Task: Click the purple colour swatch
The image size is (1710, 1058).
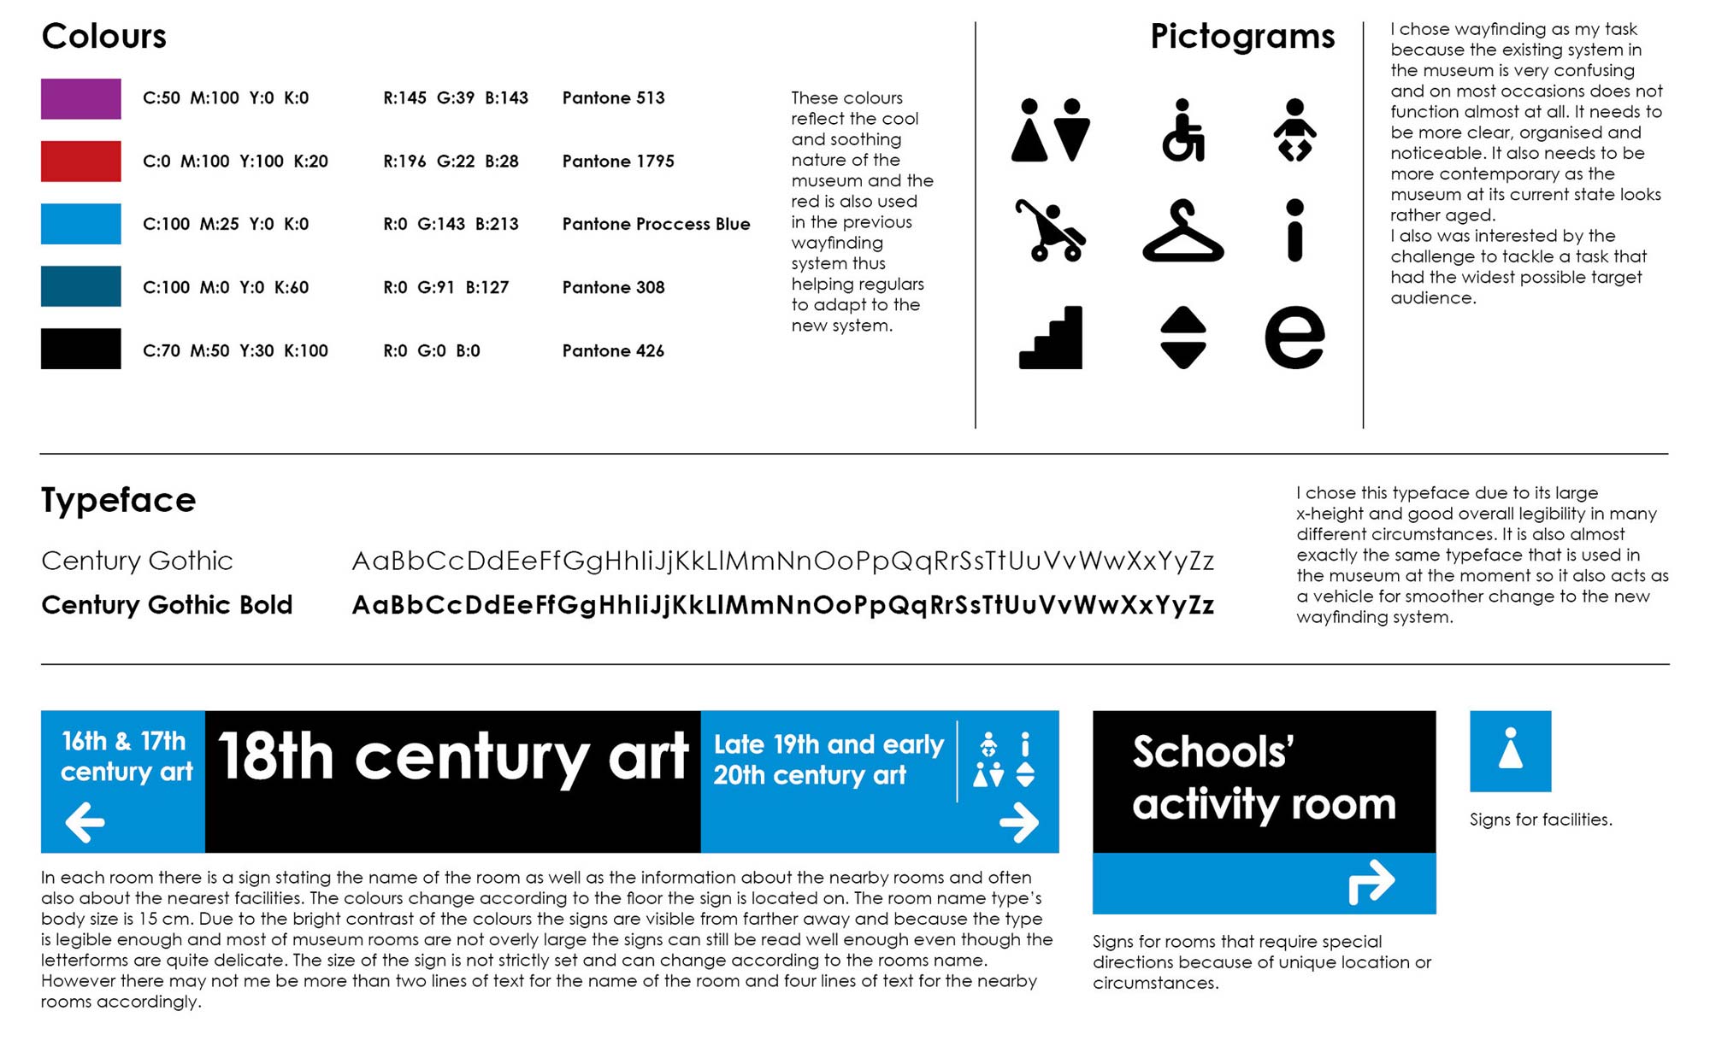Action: pyautogui.click(x=80, y=98)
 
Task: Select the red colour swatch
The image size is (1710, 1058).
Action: pyautogui.click(x=80, y=162)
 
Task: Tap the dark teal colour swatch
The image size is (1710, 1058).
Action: pyautogui.click(x=80, y=286)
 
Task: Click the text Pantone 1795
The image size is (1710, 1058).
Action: pyautogui.click(x=618, y=162)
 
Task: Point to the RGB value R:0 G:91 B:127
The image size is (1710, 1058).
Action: pyautogui.click(x=445, y=287)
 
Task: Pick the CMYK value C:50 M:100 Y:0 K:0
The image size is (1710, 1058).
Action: pyautogui.click(x=226, y=98)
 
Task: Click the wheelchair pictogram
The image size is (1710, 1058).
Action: pyautogui.click(x=1183, y=131)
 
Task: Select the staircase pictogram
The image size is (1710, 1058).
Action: pyautogui.click(x=1051, y=338)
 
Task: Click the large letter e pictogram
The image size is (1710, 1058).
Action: pyautogui.click(x=1294, y=338)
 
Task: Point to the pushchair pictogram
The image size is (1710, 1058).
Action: pyautogui.click(x=1050, y=231)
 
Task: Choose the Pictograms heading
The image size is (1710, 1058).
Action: pyautogui.click(x=1241, y=37)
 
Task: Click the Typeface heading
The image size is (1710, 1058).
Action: pyautogui.click(x=119, y=500)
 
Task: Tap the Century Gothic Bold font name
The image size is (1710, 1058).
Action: pyautogui.click(x=167, y=605)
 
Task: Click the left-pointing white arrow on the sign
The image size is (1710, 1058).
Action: pyautogui.click(x=85, y=822)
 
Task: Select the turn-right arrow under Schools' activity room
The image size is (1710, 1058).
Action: pyautogui.click(x=1371, y=882)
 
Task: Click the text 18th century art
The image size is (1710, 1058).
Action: pyautogui.click(x=453, y=757)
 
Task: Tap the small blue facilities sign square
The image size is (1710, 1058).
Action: pyautogui.click(x=1510, y=751)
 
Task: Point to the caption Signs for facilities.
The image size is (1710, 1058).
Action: pyautogui.click(x=1541, y=820)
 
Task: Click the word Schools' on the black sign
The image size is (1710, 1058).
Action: pyautogui.click(x=1212, y=752)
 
